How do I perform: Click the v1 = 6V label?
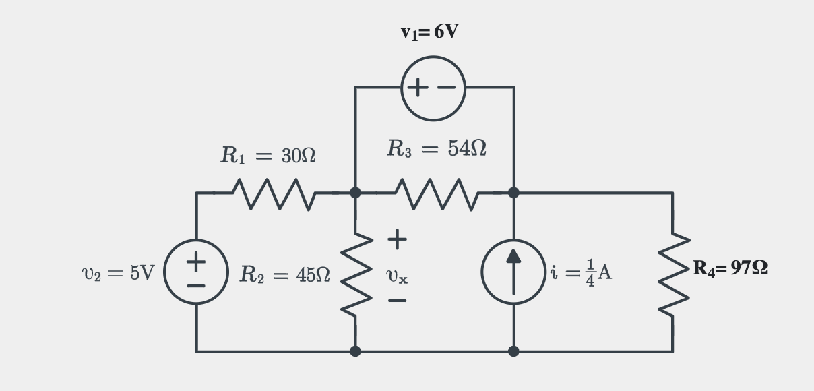click(429, 32)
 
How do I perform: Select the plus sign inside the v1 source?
click(418, 87)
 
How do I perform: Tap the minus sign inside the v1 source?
click(446, 87)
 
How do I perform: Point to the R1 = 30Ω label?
click(268, 155)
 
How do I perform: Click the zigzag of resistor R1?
click(274, 194)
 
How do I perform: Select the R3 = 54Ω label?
click(437, 148)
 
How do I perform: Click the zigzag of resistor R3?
click(437, 194)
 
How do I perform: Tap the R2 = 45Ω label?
click(285, 274)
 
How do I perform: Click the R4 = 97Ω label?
click(730, 268)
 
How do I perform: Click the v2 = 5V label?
click(119, 273)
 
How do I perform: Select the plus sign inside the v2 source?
click(196, 262)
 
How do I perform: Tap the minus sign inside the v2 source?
click(196, 286)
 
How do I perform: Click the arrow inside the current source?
click(513, 272)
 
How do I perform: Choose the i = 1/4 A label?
click(581, 272)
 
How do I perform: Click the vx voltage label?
click(397, 276)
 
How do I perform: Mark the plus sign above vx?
click(397, 239)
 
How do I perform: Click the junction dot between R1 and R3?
click(355, 193)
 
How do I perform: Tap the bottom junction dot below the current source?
click(513, 351)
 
